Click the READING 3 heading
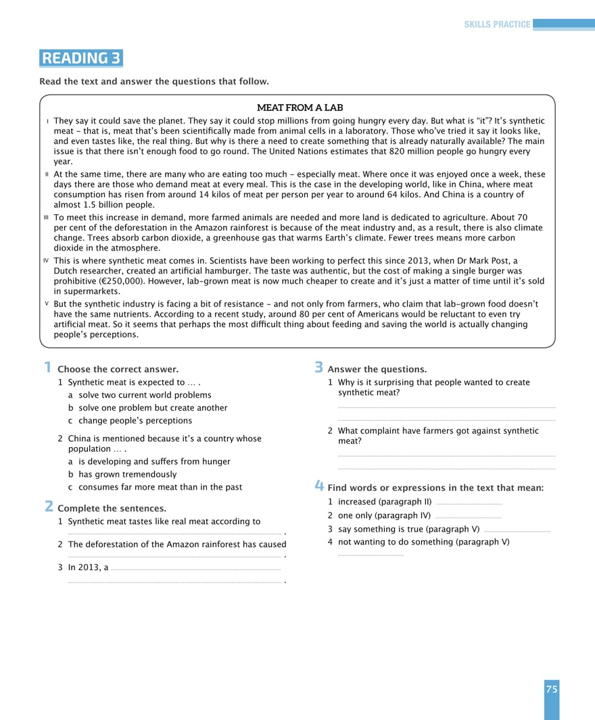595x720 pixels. [x=81, y=58]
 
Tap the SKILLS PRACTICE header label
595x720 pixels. [x=497, y=24]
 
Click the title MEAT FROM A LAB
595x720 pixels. [x=300, y=107]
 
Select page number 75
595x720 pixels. [x=552, y=690]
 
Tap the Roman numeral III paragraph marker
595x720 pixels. [x=46, y=217]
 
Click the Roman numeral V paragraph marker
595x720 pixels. [x=47, y=304]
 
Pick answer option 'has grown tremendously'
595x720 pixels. [x=127, y=474]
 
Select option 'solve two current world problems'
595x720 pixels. [x=145, y=395]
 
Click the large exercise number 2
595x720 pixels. [x=49, y=507]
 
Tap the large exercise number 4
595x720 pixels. [x=319, y=486]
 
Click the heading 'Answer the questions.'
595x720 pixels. [x=377, y=369]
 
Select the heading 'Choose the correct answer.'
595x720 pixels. [x=118, y=369]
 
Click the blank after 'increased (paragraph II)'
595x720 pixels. [x=469, y=503]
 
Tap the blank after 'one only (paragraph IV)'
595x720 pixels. [x=468, y=517]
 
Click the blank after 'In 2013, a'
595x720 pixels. [x=195, y=569]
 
